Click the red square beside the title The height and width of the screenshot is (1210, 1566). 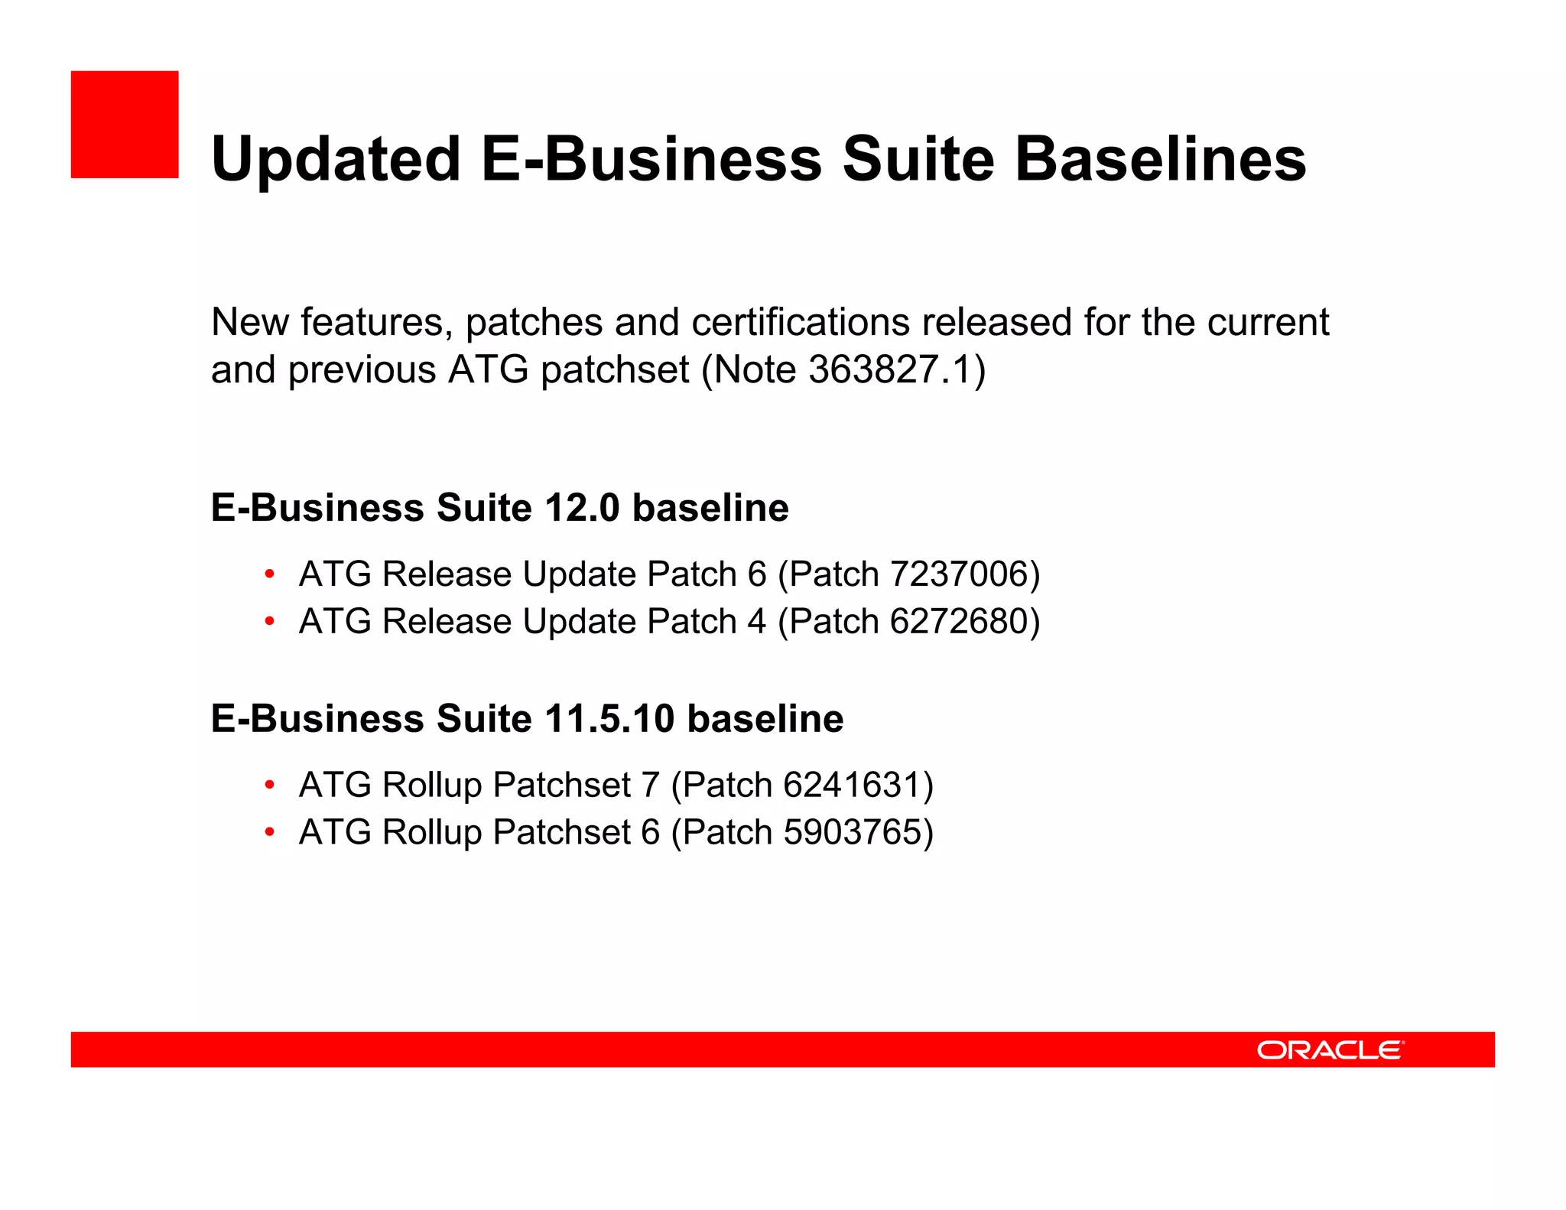[x=125, y=125]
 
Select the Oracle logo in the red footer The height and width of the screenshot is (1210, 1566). [x=1330, y=1049]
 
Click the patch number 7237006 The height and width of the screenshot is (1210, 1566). [x=960, y=574]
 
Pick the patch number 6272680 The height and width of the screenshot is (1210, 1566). [x=960, y=621]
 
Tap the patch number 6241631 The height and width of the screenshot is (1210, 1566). [x=853, y=785]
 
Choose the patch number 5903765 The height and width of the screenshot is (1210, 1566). [x=853, y=832]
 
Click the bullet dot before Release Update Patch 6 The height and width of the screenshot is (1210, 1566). [x=269, y=574]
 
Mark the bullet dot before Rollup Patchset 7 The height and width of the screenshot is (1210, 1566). [x=269, y=786]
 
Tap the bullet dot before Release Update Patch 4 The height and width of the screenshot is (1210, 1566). [x=269, y=622]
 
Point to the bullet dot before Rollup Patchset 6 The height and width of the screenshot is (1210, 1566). [x=269, y=833]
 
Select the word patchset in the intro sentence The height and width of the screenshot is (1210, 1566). [x=615, y=371]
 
